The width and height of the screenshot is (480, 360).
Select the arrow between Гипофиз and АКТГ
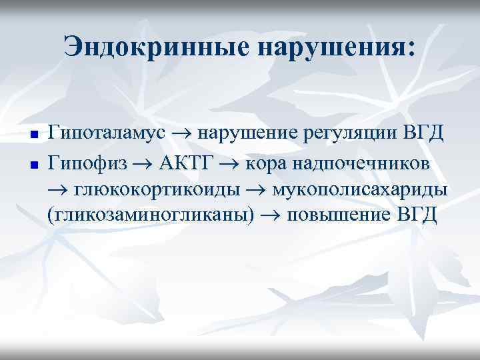(143, 163)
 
